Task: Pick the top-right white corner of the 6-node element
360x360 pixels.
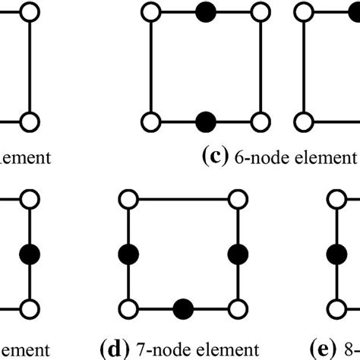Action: pyautogui.click(x=261, y=11)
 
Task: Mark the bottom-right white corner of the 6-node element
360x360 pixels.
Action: pyautogui.click(x=261, y=121)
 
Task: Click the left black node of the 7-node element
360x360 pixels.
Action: pyautogui.click(x=127, y=253)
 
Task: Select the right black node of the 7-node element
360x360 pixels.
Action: pyautogui.click(x=238, y=253)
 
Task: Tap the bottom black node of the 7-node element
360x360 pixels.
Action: pyautogui.click(x=182, y=308)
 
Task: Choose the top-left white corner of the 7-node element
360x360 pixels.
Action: pyautogui.click(x=127, y=198)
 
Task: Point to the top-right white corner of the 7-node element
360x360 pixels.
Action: pyautogui.click(x=238, y=198)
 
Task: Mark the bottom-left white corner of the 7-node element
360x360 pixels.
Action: pyautogui.click(x=127, y=308)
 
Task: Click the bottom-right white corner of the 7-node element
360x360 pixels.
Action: pyautogui.click(x=238, y=308)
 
